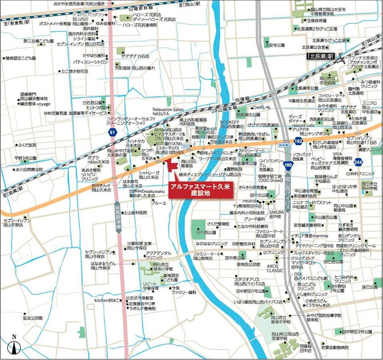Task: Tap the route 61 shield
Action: pos(111,132)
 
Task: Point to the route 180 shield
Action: pos(287,165)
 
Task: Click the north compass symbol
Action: pos(15,345)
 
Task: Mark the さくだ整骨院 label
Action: pos(218,224)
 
